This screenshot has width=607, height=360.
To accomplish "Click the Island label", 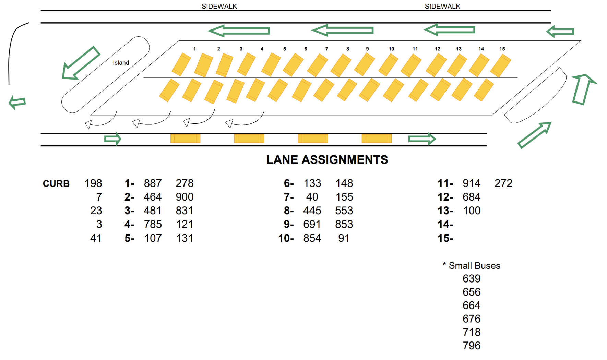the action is click(x=121, y=63).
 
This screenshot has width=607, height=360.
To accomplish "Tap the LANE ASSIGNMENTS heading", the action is click(x=327, y=160).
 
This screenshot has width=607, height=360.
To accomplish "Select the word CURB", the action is click(x=56, y=184).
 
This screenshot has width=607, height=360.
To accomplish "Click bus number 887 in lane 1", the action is click(x=153, y=183).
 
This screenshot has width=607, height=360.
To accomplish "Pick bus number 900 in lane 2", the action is click(x=185, y=197).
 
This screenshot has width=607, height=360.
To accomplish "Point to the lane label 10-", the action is click(x=286, y=238).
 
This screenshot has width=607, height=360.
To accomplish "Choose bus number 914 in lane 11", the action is click(x=472, y=183).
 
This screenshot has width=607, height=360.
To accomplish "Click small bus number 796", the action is click(x=472, y=346).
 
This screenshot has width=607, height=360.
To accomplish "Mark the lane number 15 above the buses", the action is click(x=502, y=49).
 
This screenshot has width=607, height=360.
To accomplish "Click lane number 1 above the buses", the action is click(x=194, y=49).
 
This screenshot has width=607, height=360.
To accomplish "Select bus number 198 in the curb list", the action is click(x=93, y=183).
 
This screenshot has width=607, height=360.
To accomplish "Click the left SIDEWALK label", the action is click(x=219, y=6).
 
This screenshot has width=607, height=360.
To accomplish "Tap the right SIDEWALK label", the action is click(x=442, y=6).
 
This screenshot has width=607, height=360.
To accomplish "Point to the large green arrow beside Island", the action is click(x=81, y=63).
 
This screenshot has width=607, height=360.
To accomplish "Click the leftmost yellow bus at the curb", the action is click(x=185, y=139).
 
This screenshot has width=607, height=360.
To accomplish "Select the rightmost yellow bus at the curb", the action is click(x=377, y=139).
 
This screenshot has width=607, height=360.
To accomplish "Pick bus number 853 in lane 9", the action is click(x=344, y=225).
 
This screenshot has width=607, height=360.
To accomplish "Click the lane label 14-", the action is click(x=445, y=225).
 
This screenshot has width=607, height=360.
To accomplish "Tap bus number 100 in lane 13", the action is click(x=472, y=211).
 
